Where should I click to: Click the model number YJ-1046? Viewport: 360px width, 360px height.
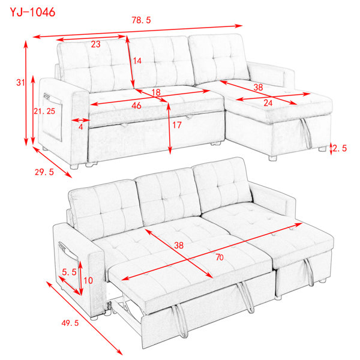[x=32, y=12]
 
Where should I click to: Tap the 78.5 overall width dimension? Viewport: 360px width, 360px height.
[x=141, y=20]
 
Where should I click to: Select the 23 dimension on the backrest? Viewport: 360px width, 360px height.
[x=95, y=44]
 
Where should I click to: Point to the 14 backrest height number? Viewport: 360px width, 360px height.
[x=137, y=61]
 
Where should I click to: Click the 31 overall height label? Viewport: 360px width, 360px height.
[x=20, y=82]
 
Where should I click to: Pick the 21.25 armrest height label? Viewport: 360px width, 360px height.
[x=44, y=112]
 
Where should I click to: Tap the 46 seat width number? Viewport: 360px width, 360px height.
[x=136, y=106]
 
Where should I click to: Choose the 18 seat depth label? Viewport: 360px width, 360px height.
[x=156, y=92]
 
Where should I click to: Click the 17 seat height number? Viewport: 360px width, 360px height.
[x=177, y=125]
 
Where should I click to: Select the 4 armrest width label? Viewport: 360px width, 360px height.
[x=80, y=127]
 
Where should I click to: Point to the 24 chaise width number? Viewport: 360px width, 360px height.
[x=268, y=103]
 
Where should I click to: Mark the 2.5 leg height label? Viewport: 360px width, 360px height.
[x=340, y=148]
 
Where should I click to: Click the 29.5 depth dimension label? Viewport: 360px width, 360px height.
[x=44, y=172]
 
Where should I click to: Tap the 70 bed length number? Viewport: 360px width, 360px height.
[x=220, y=257]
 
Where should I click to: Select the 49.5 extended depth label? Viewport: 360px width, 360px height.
[x=70, y=323]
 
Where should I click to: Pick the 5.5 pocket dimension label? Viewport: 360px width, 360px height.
[x=69, y=272]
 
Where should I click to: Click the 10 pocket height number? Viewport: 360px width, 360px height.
[x=88, y=280]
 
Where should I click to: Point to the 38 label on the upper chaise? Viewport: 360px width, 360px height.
[x=258, y=87]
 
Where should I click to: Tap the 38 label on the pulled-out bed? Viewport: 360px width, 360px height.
[x=179, y=245]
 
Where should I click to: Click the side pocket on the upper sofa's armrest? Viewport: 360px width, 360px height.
[x=52, y=116]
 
